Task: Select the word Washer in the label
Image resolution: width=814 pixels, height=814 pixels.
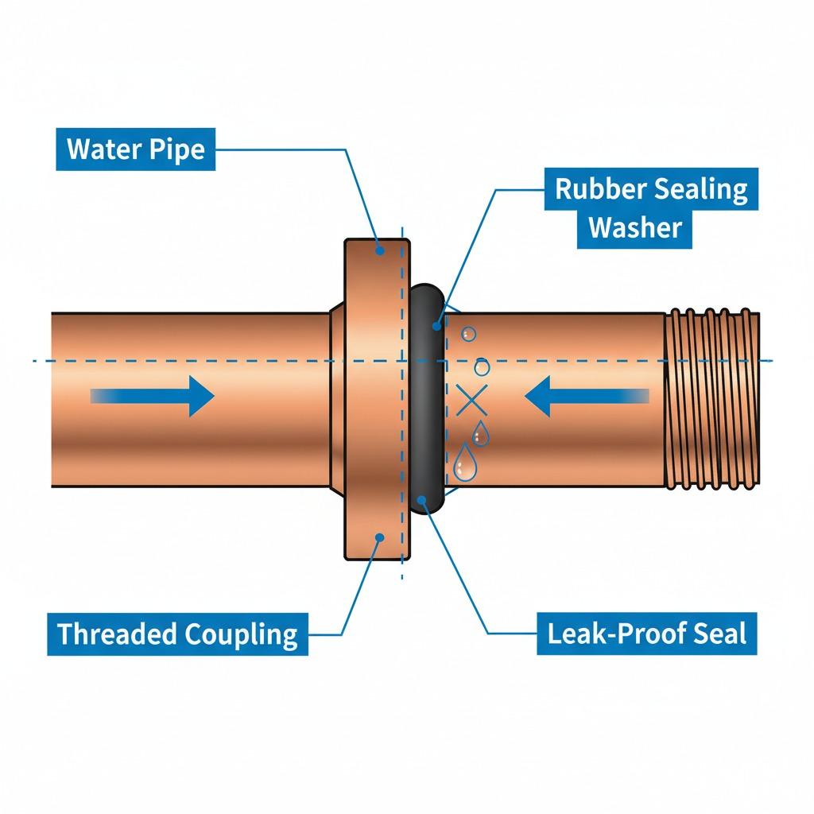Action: (x=635, y=227)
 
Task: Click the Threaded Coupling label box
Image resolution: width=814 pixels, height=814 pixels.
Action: (x=176, y=634)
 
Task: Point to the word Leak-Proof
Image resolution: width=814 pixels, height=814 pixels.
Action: (x=609, y=634)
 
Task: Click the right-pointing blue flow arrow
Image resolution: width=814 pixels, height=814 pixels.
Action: (x=159, y=395)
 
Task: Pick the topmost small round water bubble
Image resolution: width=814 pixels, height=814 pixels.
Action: (x=469, y=334)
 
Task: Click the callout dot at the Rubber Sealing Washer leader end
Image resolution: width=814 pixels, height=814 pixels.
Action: (x=436, y=324)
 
